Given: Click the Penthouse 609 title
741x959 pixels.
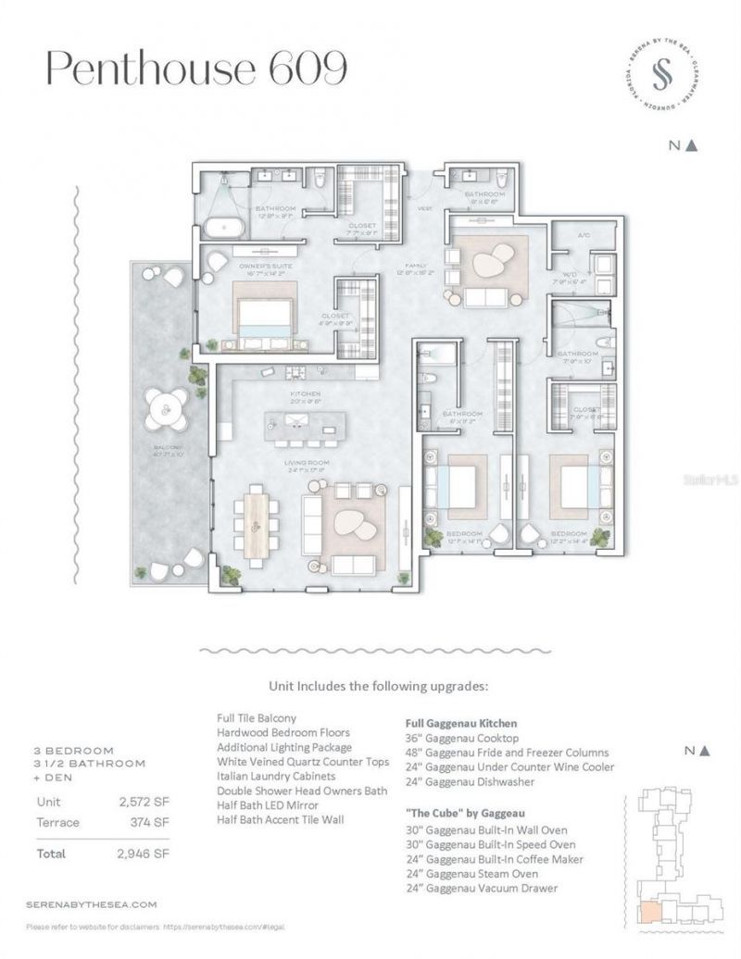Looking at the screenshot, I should click(x=197, y=68).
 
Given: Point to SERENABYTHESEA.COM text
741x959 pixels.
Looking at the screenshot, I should click(x=92, y=903).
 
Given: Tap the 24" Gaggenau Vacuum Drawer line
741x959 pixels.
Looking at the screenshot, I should click(x=482, y=888).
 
